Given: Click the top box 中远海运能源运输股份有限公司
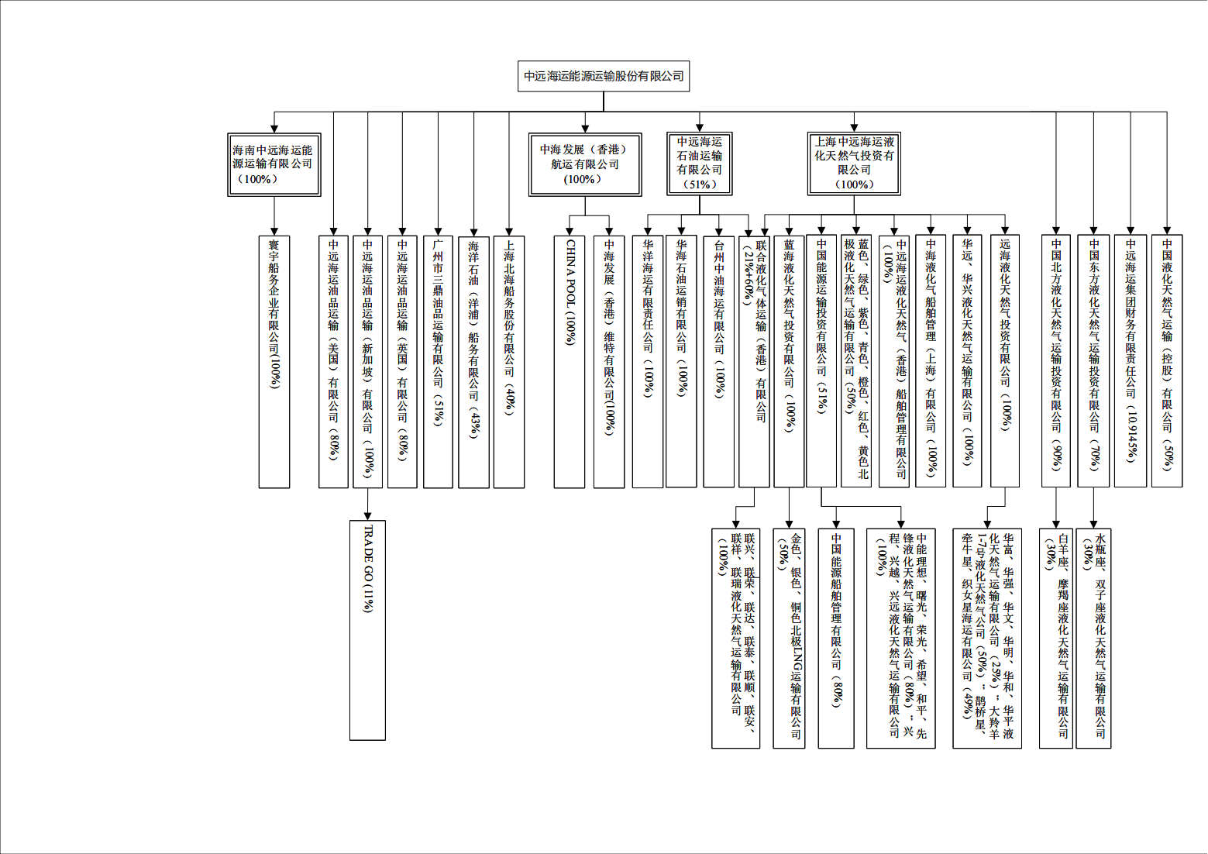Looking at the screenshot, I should [604, 76].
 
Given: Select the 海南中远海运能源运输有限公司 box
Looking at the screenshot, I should [274, 164].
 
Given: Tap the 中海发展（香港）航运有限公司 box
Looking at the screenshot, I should [585, 164].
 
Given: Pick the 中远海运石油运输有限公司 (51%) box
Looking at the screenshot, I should [699, 163].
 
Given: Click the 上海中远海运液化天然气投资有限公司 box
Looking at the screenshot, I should [854, 163].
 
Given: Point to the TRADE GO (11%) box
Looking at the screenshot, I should [368, 629].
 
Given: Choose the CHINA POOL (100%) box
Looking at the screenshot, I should [570, 362].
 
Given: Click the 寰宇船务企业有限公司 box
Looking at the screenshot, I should [274, 362].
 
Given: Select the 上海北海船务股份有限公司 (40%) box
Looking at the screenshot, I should [509, 362].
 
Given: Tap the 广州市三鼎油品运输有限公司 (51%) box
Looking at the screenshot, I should [438, 362].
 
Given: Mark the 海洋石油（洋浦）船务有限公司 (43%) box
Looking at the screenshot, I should [473, 362].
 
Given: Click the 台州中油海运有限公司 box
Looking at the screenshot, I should [718, 362].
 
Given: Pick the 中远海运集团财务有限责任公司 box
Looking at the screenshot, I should [1131, 361].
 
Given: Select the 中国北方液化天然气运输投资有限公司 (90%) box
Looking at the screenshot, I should [1056, 361].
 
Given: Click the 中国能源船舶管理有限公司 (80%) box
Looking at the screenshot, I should [836, 638].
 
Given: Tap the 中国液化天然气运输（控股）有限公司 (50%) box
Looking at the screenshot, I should [1167, 361].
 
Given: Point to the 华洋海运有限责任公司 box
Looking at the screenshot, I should [648, 362].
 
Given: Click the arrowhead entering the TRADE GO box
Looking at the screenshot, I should [368, 515].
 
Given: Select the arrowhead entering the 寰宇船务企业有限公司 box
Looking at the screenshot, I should [274, 231].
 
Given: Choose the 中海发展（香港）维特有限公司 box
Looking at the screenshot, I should [609, 362].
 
